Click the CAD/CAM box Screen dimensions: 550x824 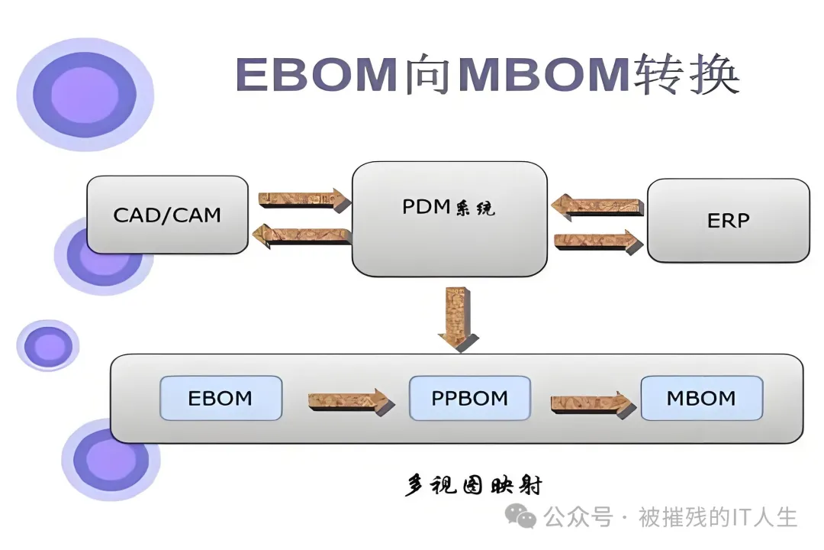[167, 215]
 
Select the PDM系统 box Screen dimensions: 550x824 [449, 218]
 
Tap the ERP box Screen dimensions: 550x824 [728, 221]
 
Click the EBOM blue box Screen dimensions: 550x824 [220, 398]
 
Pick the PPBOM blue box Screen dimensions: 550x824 [469, 398]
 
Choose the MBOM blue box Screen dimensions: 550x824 [701, 398]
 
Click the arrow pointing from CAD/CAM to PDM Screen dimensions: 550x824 [304, 200]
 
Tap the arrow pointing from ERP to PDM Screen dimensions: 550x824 [597, 205]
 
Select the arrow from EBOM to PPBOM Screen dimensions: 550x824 [347, 401]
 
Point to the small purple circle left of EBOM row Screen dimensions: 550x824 [47, 346]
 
